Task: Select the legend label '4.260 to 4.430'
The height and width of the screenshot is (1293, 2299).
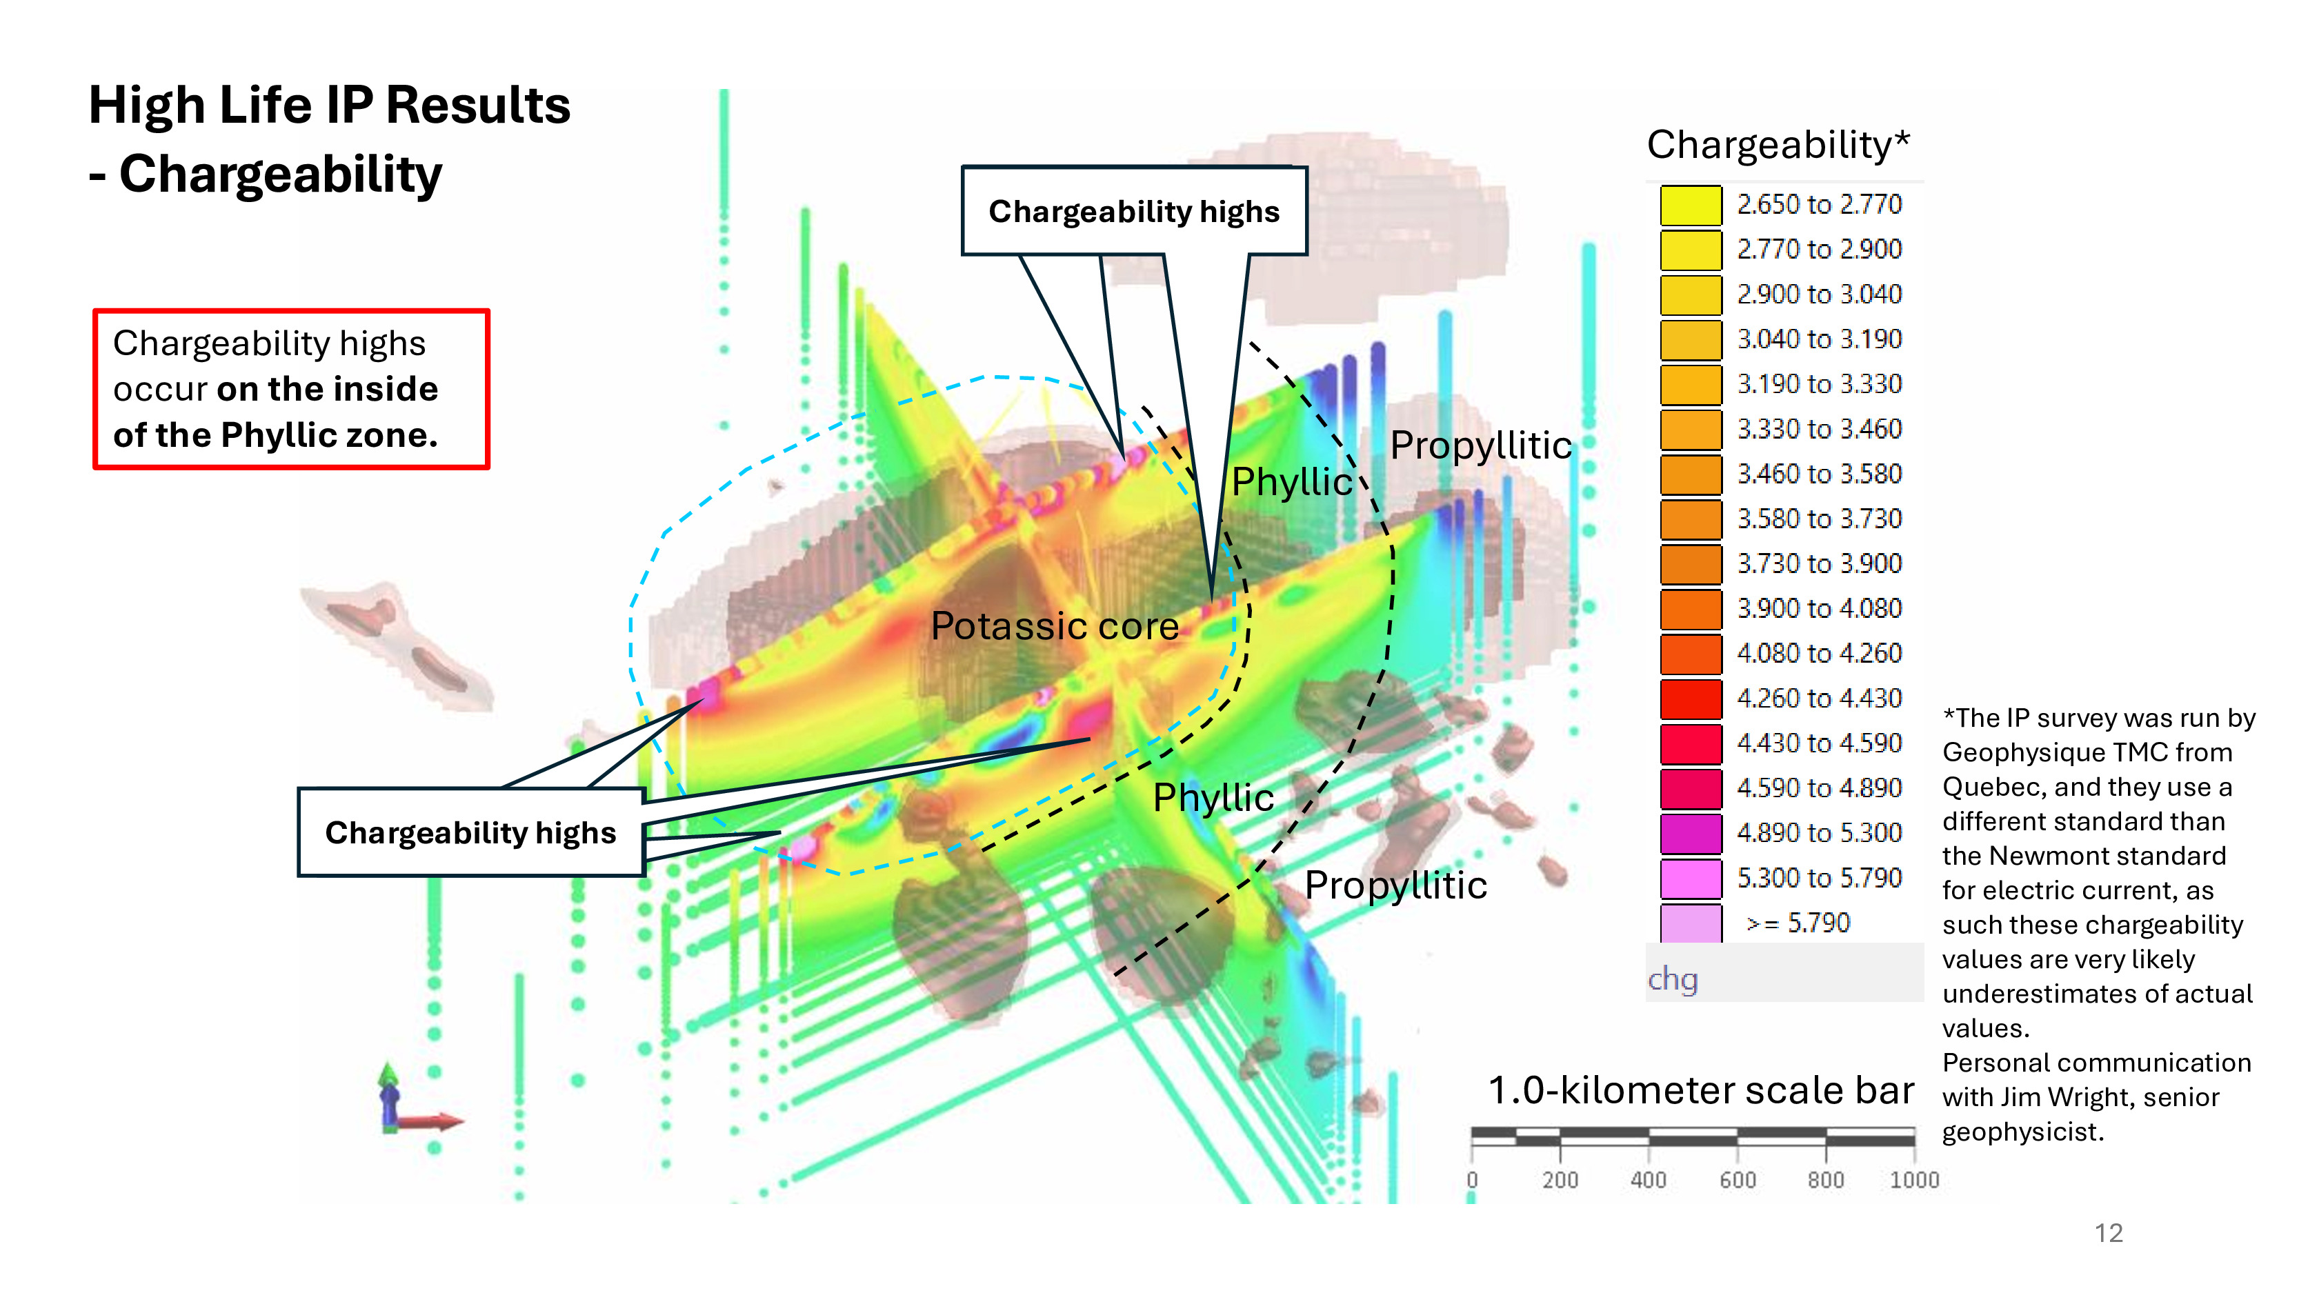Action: pyautogui.click(x=1819, y=699)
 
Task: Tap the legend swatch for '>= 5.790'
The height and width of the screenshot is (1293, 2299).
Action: pyautogui.click(x=1689, y=923)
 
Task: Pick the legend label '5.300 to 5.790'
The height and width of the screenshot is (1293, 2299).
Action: pyautogui.click(x=1819, y=878)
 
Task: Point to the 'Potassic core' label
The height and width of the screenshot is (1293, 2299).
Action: pyautogui.click(x=1054, y=626)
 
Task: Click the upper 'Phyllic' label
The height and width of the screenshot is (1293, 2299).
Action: pyautogui.click(x=1291, y=483)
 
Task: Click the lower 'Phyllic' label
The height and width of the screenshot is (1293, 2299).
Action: pyautogui.click(x=1213, y=798)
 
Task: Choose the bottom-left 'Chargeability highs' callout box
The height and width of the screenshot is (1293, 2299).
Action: pyautogui.click(x=470, y=832)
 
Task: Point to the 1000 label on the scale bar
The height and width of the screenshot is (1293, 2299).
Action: pyautogui.click(x=1913, y=1180)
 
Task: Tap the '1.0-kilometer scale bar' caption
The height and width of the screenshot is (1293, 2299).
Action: pyautogui.click(x=1700, y=1090)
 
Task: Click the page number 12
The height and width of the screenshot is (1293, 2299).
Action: pyautogui.click(x=2108, y=1233)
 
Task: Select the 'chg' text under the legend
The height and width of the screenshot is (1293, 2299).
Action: pyautogui.click(x=1673, y=979)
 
